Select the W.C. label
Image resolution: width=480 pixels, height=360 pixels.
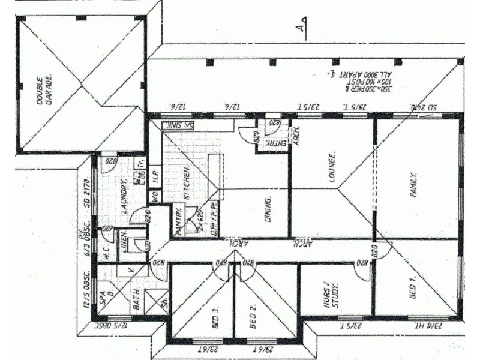coord(106,253)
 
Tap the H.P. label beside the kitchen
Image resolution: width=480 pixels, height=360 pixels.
coord(154,177)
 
